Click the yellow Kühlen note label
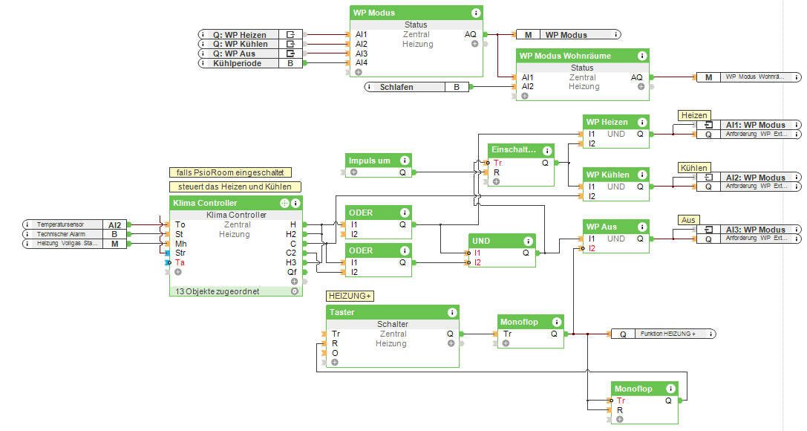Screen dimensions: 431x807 click(694, 168)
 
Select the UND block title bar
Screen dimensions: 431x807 click(494, 241)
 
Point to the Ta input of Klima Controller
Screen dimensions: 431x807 click(180, 263)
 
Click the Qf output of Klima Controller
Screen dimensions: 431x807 click(293, 273)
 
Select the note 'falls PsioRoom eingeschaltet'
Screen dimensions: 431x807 click(229, 172)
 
